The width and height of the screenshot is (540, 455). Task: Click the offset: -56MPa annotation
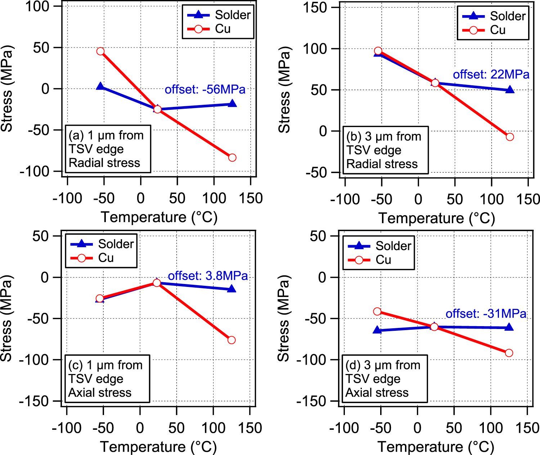205,89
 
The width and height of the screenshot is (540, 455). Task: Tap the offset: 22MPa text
491,75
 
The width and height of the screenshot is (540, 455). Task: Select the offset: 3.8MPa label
208,276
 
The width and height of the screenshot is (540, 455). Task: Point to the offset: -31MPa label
486,314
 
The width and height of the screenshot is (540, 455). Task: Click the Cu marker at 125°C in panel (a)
232,158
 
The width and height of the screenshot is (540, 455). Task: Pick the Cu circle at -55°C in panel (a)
100,51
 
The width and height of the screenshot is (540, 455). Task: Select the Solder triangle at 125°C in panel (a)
232,104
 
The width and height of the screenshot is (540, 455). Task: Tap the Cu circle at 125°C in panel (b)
510,137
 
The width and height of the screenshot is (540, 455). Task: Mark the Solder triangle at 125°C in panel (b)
510,90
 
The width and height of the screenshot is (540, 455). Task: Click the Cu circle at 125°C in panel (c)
231,340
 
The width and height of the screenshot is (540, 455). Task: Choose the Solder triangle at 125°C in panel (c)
231,289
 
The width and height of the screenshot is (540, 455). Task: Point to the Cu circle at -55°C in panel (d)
377,311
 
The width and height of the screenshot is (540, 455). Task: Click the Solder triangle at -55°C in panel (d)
377,330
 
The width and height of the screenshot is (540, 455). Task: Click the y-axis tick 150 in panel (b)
315,8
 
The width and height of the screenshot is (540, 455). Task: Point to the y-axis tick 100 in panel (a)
37,6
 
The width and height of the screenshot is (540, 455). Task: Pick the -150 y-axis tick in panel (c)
34,401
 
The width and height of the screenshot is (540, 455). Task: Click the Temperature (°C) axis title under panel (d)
436,447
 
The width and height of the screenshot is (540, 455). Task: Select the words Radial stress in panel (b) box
382,164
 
